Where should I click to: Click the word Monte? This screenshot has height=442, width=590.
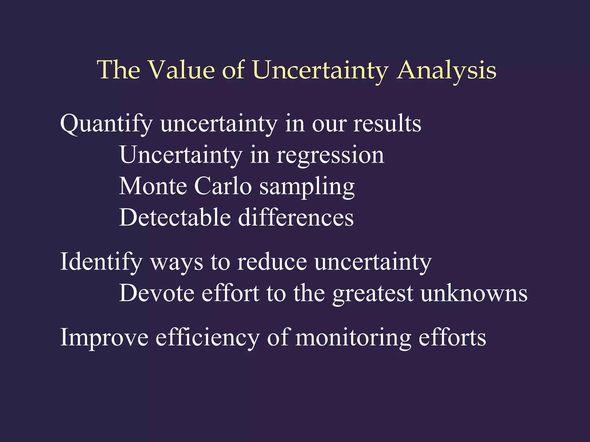[153, 186]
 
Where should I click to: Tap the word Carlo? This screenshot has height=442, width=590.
[223, 186]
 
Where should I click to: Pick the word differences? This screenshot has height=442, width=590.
[296, 218]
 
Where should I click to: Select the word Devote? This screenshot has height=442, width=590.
[157, 294]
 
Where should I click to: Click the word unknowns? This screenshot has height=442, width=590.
[474, 294]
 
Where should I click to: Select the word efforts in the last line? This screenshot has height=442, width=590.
[452, 338]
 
